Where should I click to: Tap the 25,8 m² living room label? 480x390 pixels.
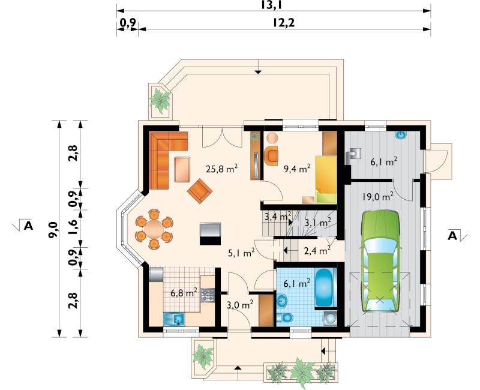221,169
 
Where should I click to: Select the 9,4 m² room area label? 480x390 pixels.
297,168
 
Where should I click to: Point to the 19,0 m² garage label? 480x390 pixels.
378,196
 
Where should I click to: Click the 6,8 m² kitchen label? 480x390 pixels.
184,293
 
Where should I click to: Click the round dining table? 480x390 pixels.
154,229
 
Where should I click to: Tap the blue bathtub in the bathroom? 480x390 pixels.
324,288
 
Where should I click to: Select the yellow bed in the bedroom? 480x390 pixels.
326,179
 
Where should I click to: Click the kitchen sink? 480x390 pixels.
174,319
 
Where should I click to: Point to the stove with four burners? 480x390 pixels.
208,295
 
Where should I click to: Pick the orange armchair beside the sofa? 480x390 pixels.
200,191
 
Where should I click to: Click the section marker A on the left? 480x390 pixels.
28,226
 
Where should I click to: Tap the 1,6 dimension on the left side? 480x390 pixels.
73,229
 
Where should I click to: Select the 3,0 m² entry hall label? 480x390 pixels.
240,305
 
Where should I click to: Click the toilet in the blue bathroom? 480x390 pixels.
284,318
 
